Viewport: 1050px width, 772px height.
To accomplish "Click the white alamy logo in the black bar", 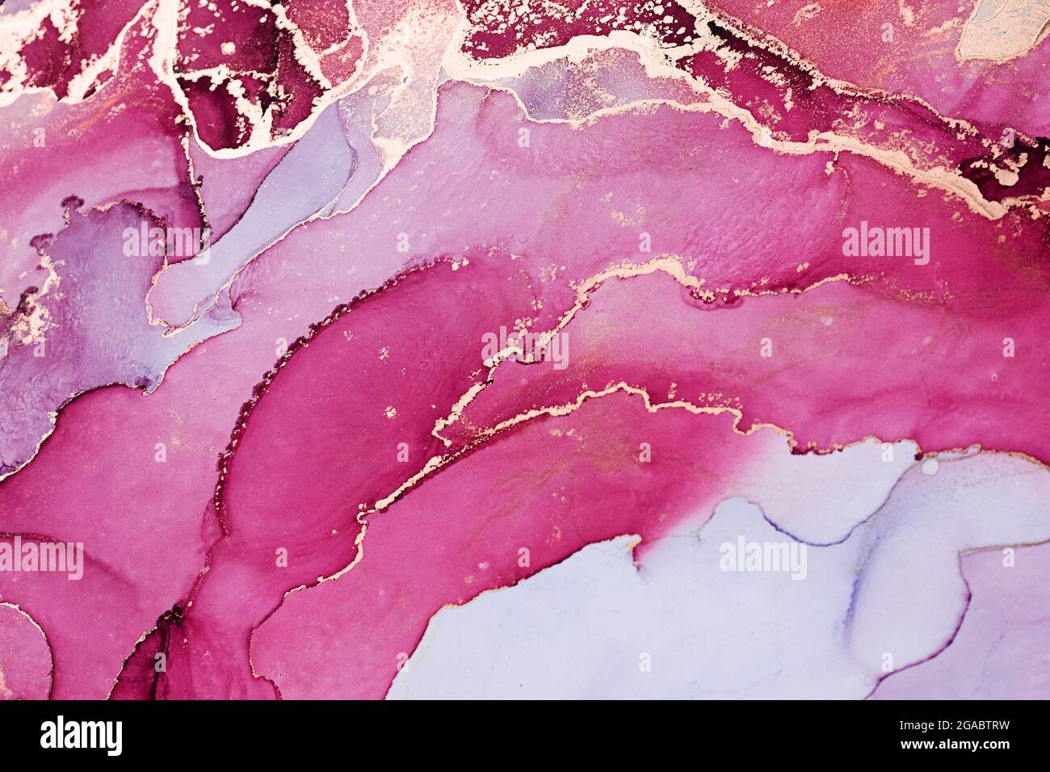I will pyautogui.click(x=82, y=736).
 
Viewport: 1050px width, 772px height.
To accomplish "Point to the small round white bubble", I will pyautogui.click(x=930, y=466).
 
